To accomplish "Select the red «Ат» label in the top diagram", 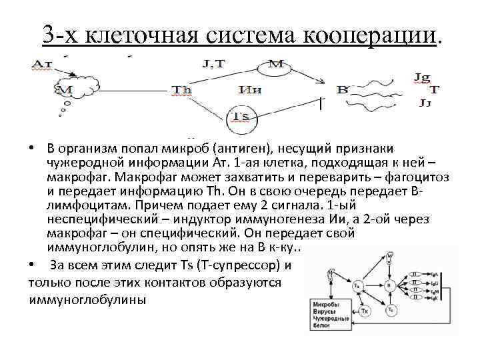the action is coord(42,64).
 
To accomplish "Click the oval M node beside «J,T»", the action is coord(275,64).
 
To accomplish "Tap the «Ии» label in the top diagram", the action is coord(250,90).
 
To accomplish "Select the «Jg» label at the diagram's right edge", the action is coord(422,77).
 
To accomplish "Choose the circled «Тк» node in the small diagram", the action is coord(365,311).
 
